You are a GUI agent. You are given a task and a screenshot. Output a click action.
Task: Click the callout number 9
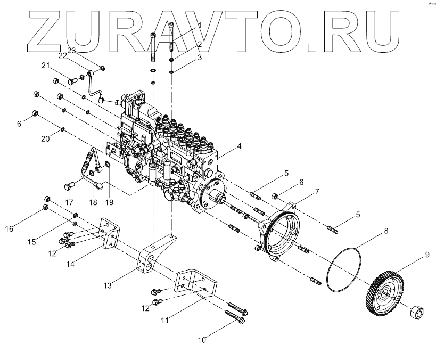pyautogui.click(x=426, y=255)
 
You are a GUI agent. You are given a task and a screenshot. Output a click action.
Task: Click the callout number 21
pyautogui.click(x=46, y=66)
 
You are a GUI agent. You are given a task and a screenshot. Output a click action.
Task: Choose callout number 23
pyautogui.click(x=71, y=50)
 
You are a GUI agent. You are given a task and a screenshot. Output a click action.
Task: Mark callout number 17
pyautogui.click(x=69, y=202)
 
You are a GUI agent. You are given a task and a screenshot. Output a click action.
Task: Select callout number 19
pyautogui.click(x=110, y=202)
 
